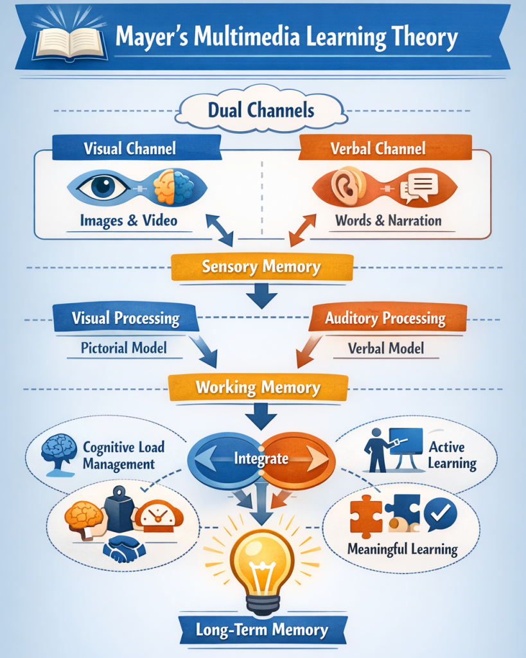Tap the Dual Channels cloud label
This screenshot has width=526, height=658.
tap(261, 111)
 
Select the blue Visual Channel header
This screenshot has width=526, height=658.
tap(130, 149)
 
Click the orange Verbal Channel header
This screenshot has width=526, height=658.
tap(378, 149)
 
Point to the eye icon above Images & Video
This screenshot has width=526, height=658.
tap(101, 187)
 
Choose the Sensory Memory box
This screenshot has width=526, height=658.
tap(261, 267)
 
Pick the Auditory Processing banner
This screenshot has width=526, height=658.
tap(385, 318)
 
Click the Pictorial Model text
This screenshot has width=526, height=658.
tap(124, 348)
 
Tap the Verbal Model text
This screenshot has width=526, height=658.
tap(386, 348)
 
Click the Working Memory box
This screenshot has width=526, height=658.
tap(258, 387)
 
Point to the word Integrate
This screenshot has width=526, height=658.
tap(261, 459)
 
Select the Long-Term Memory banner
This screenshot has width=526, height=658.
tap(262, 630)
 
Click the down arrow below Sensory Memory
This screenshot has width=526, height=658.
tap(261, 297)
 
